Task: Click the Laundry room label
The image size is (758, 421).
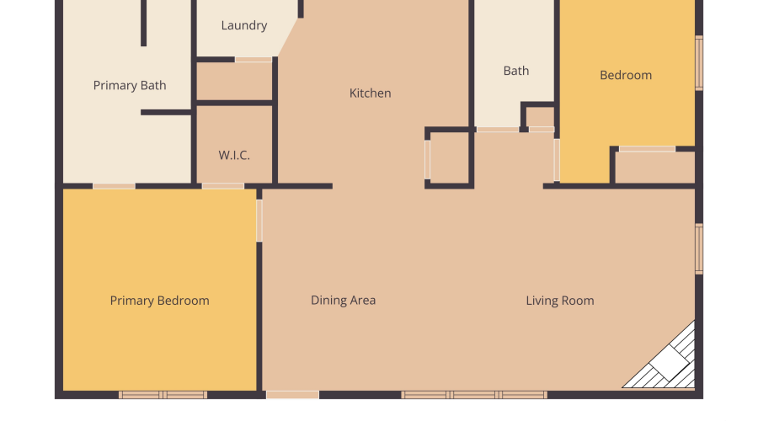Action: click(244, 25)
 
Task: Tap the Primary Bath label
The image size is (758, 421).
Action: click(130, 86)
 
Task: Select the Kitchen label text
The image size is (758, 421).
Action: click(371, 93)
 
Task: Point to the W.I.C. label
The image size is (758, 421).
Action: click(234, 155)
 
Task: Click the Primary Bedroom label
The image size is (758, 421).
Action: click(159, 301)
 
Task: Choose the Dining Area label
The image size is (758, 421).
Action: click(344, 300)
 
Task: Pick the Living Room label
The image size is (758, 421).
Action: click(560, 301)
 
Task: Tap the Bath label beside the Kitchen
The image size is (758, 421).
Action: click(516, 71)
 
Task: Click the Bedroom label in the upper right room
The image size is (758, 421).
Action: click(626, 76)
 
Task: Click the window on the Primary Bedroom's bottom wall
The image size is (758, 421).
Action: click(163, 395)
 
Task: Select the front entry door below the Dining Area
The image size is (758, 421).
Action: click(292, 395)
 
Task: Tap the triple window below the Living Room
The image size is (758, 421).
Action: click(474, 395)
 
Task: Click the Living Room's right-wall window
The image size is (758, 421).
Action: click(699, 249)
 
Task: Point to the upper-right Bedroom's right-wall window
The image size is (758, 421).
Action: click(699, 63)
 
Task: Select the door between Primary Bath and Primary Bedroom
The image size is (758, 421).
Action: click(114, 186)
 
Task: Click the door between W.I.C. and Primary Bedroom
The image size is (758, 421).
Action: click(223, 186)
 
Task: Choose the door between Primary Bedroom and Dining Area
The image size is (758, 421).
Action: click(259, 221)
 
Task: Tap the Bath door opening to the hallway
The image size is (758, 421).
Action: click(498, 130)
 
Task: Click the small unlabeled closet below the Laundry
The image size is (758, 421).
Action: click(234, 81)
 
